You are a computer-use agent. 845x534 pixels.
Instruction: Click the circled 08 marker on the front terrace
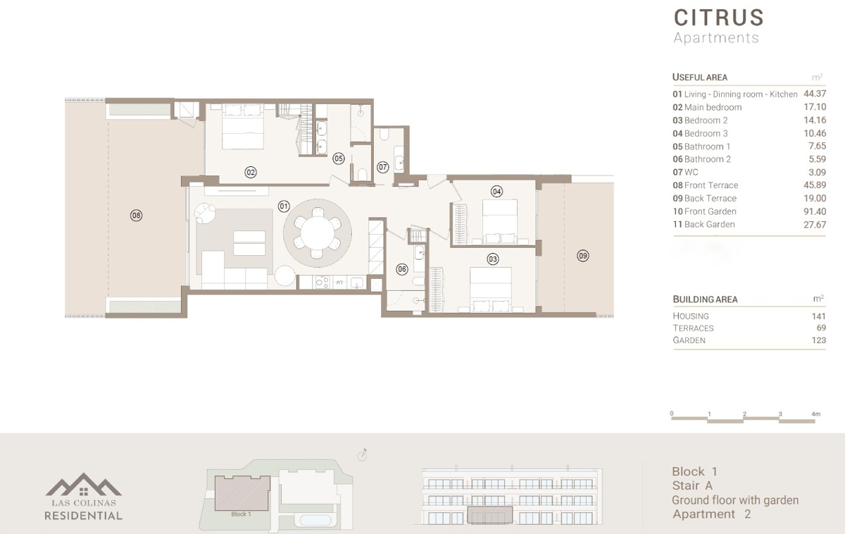[136, 216]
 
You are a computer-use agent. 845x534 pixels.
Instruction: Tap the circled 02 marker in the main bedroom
[251, 173]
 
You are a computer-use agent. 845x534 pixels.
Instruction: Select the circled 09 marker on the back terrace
[583, 256]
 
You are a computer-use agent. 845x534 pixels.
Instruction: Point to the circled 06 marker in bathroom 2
[402, 269]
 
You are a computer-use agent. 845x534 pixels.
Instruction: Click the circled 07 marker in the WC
[382, 167]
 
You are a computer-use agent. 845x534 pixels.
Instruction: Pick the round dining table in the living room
[318, 233]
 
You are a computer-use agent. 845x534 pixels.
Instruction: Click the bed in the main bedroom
[242, 127]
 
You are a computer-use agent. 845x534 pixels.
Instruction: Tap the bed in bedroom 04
[500, 221]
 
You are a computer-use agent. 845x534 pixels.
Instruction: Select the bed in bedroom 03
[491, 290]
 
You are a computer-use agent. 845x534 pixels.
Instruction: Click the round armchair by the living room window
[205, 213]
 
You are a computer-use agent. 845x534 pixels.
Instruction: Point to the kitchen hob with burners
[323, 282]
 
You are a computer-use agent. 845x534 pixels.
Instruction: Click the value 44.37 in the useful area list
[815, 94]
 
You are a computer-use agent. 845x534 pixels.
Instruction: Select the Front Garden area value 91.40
[815, 211]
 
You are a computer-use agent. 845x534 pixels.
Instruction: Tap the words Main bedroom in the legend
[713, 107]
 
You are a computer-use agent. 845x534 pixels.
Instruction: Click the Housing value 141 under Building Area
[818, 316]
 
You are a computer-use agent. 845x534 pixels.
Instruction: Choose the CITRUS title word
[719, 18]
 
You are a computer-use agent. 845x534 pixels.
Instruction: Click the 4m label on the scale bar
[815, 414]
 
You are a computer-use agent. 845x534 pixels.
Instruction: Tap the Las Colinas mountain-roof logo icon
[83, 484]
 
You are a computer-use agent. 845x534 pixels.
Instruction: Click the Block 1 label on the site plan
[241, 514]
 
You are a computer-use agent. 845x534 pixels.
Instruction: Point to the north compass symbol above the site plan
[362, 456]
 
